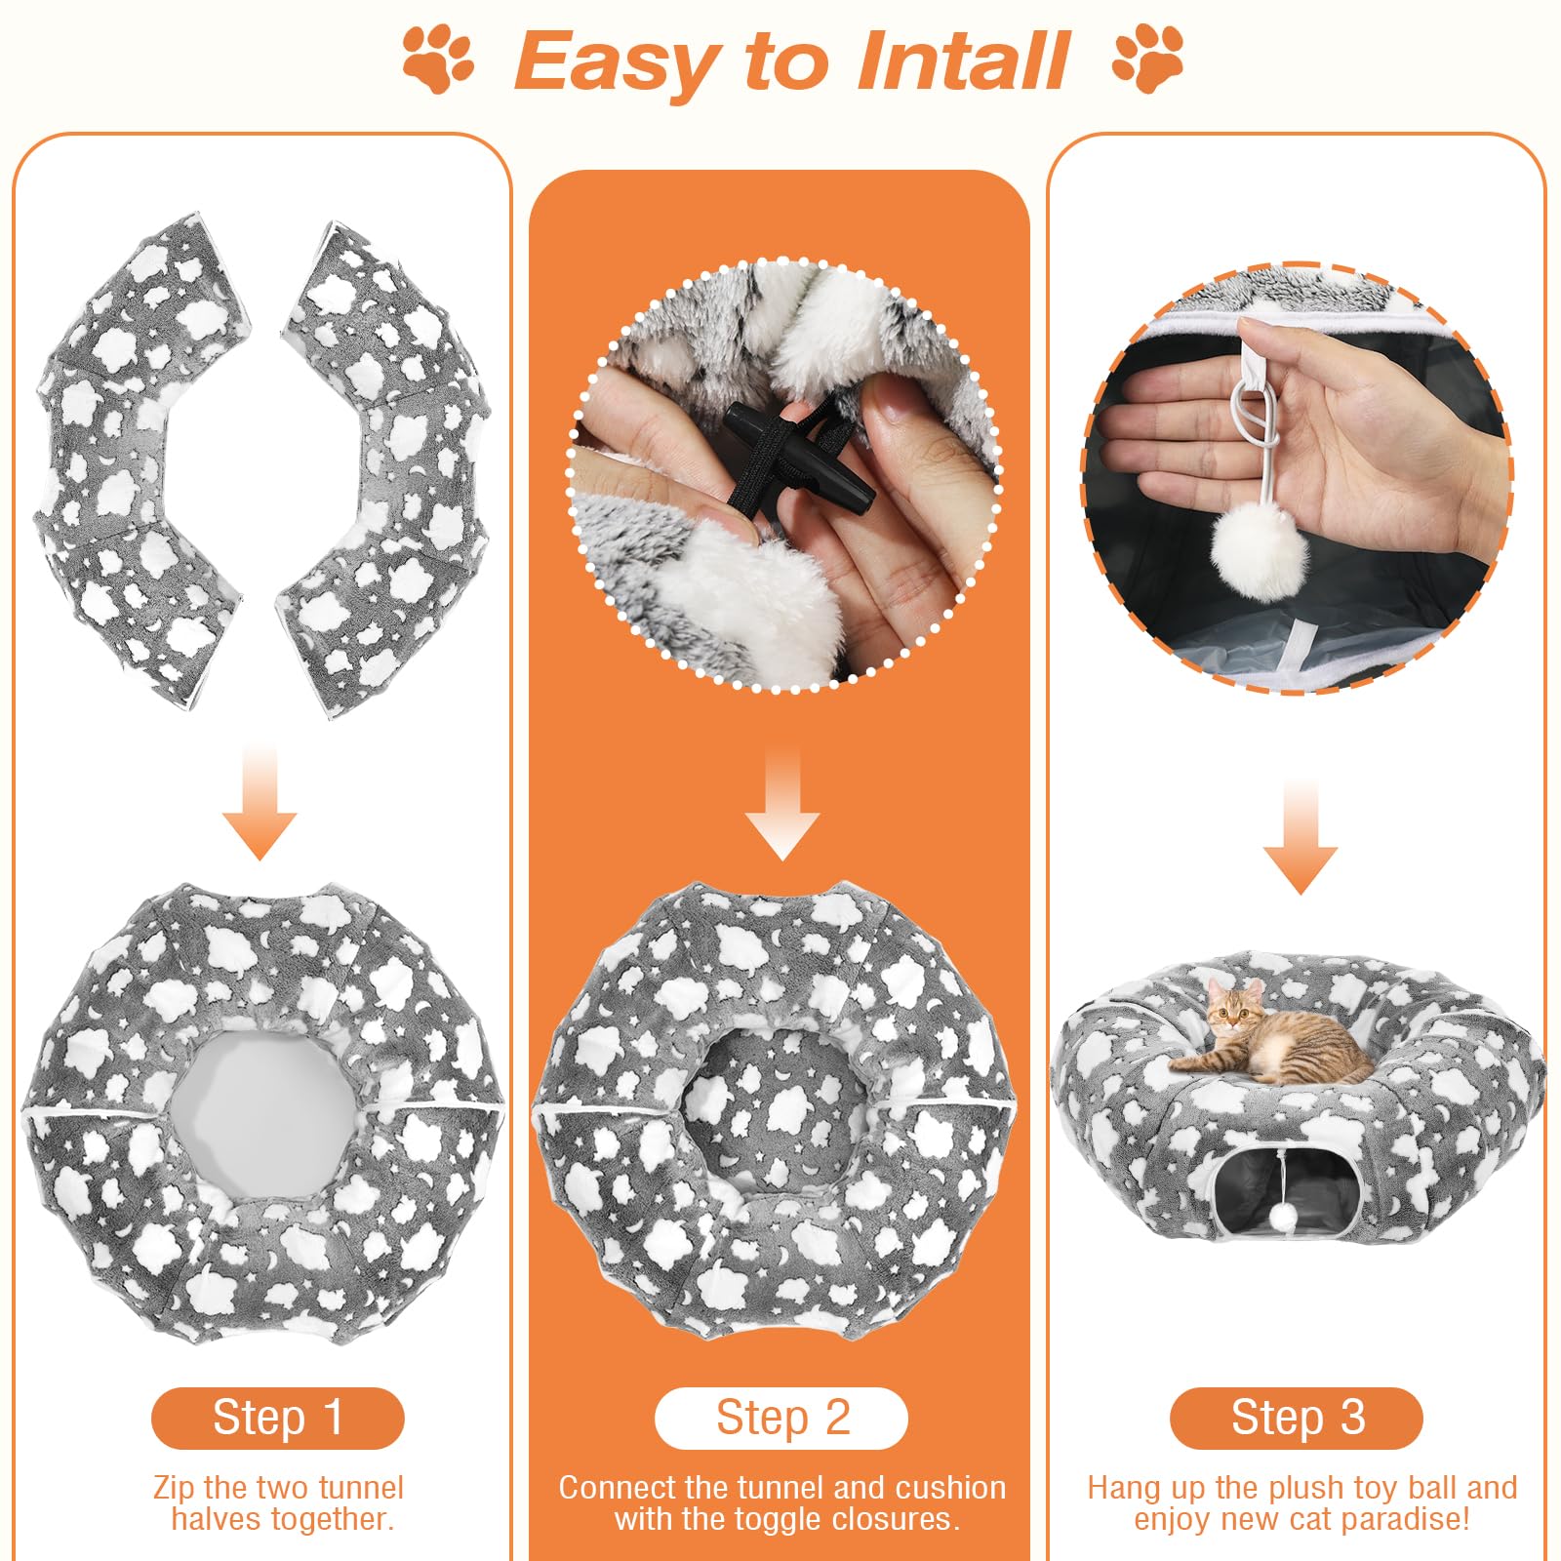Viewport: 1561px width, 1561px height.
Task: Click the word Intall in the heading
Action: pos(963,60)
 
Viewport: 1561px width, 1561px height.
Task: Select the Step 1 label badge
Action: pos(278,1418)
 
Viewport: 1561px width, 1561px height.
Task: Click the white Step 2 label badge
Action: pos(781,1418)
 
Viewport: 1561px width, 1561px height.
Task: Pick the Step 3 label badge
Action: pos(1296,1418)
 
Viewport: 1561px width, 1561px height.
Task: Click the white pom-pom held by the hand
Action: pos(1259,551)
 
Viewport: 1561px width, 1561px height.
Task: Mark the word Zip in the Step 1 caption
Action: pos(175,1488)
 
